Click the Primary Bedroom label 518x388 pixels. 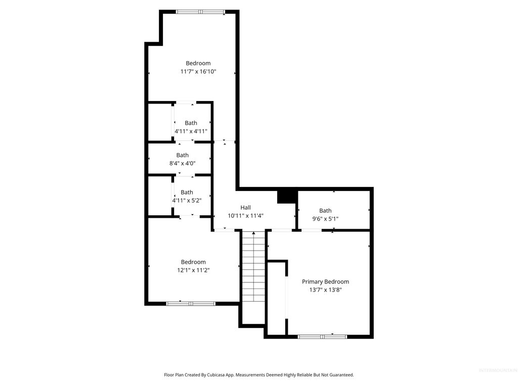(325, 281)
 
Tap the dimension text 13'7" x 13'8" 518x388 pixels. (325, 290)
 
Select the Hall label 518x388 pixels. (245, 207)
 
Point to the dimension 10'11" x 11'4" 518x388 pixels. (245, 216)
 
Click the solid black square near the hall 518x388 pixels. (286, 196)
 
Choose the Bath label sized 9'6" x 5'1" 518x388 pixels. (325, 211)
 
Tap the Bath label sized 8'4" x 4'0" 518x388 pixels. (183, 155)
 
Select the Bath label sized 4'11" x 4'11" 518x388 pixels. (191, 123)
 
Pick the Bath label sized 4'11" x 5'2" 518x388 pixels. (187, 192)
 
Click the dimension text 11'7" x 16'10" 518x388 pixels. (198, 72)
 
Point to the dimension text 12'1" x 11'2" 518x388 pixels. (193, 270)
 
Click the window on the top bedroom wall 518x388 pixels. (200, 12)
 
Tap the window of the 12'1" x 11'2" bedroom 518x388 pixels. (191, 304)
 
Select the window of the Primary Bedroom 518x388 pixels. (322, 336)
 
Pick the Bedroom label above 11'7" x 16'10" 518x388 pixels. (198, 63)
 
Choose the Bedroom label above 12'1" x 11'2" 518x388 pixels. (193, 262)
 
